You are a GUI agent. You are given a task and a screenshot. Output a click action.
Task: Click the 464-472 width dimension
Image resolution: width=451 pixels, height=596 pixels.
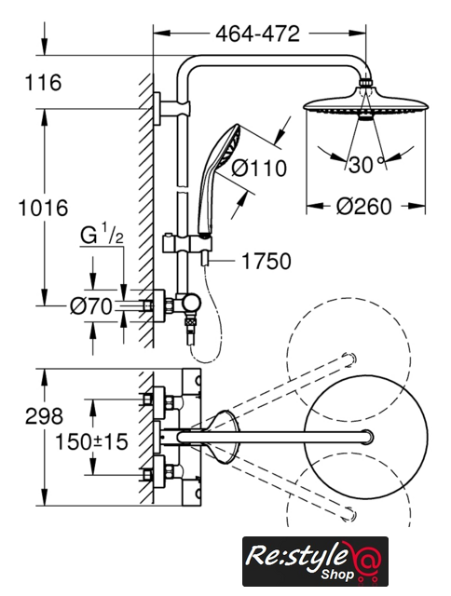click(x=257, y=34)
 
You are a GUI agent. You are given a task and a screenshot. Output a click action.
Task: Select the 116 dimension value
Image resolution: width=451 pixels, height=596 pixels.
click(x=43, y=83)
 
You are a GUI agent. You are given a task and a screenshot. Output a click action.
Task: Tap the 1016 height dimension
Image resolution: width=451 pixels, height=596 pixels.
click(x=44, y=208)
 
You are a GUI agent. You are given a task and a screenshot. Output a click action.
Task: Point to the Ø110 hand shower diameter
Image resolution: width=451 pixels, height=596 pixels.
click(x=259, y=168)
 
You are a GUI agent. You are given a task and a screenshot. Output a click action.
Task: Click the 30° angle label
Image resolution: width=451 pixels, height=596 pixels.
click(x=366, y=165)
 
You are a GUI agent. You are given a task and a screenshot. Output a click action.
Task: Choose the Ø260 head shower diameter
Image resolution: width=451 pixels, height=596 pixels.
click(x=364, y=207)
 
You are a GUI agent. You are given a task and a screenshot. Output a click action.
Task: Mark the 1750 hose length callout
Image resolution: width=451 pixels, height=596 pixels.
click(x=266, y=261)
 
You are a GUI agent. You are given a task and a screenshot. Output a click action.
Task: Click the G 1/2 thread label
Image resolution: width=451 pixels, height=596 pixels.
click(x=102, y=236)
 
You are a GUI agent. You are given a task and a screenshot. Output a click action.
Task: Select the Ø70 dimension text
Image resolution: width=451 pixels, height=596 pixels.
click(x=91, y=306)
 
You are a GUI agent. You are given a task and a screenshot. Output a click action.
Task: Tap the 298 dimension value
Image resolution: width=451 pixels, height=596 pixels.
click(x=44, y=416)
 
